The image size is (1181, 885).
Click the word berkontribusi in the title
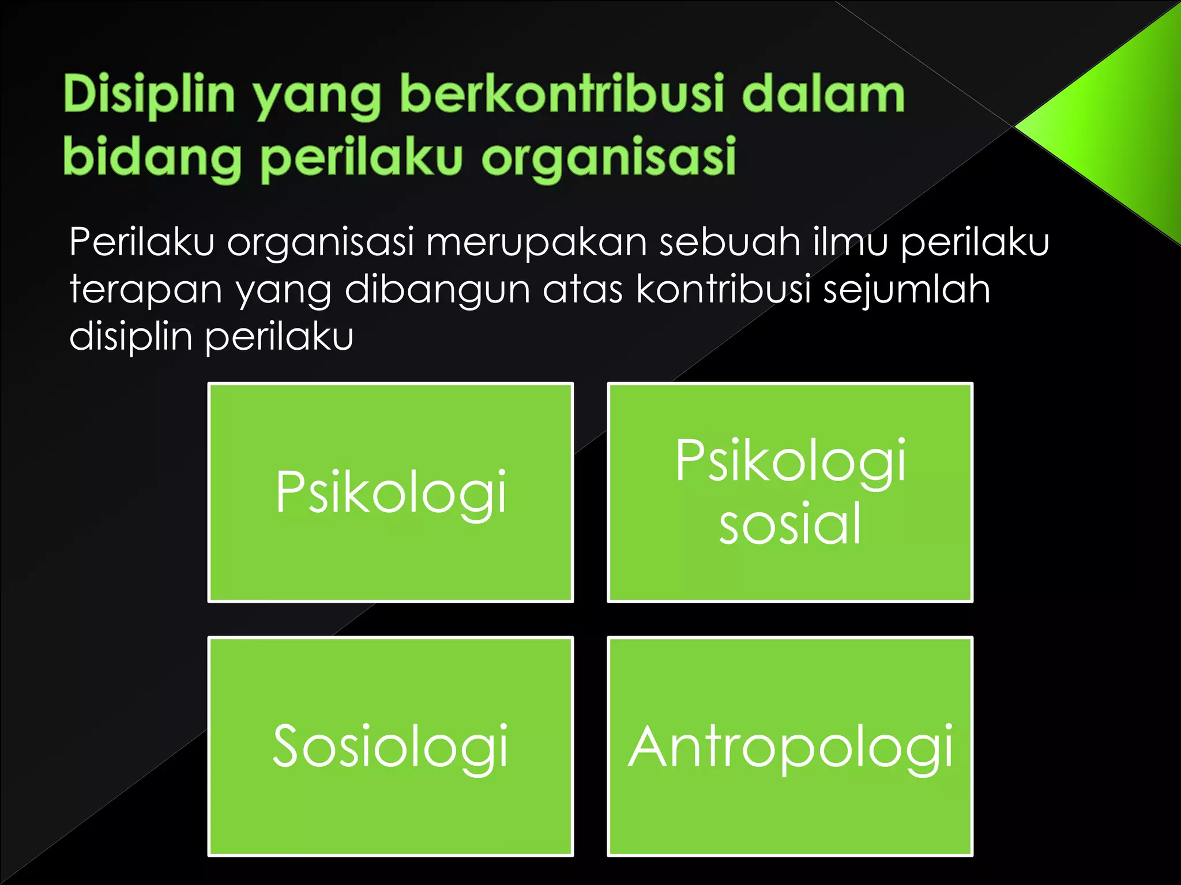click(x=562, y=94)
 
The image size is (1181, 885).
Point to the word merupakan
click(x=536, y=242)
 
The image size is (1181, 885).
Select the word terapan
click(x=146, y=290)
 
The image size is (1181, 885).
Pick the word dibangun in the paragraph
click(x=437, y=290)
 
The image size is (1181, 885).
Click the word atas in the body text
click(x=582, y=290)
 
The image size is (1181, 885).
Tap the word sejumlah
click(x=907, y=290)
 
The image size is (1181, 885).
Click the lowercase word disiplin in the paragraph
click(x=131, y=336)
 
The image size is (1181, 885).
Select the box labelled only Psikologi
click(x=390, y=493)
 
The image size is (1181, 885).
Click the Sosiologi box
click(x=390, y=747)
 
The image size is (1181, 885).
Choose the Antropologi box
click(x=790, y=747)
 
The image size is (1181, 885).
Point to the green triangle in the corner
click(x=1119, y=127)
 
